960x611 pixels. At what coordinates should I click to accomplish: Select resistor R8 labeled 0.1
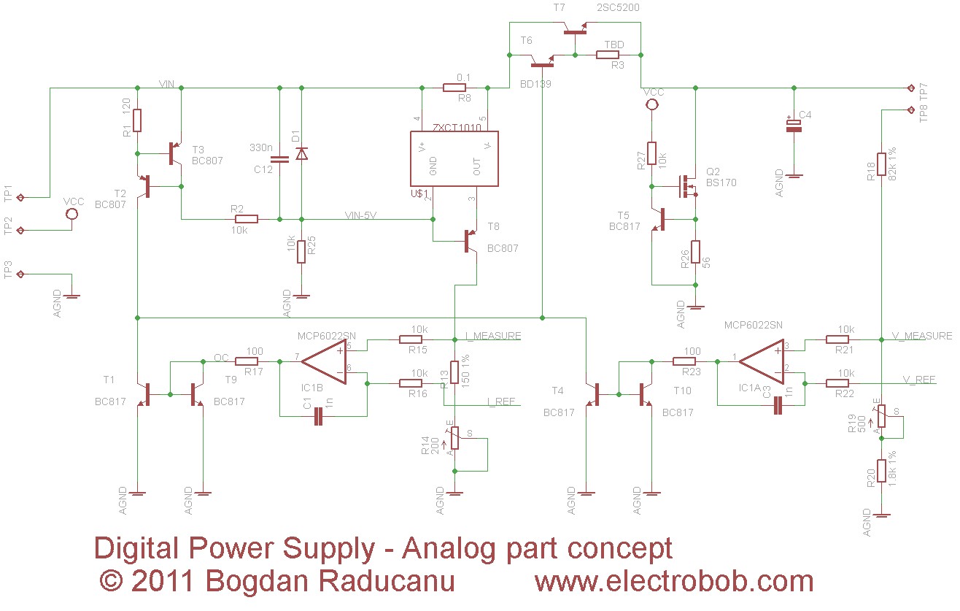pyautogui.click(x=453, y=88)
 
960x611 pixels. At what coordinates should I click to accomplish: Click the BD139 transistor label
pyautogui.click(x=535, y=84)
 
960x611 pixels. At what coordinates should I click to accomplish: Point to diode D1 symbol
pyautogui.click(x=301, y=154)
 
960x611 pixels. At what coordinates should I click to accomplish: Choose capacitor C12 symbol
pyautogui.click(x=279, y=159)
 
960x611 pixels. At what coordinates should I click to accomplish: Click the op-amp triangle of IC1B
pyautogui.click(x=325, y=361)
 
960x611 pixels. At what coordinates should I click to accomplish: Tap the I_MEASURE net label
pyautogui.click(x=493, y=337)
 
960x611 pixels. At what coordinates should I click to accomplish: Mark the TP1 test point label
pyautogui.click(x=8, y=193)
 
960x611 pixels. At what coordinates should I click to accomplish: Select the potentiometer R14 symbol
pyautogui.click(x=454, y=438)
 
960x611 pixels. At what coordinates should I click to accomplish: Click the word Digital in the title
pyautogui.click(x=138, y=549)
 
